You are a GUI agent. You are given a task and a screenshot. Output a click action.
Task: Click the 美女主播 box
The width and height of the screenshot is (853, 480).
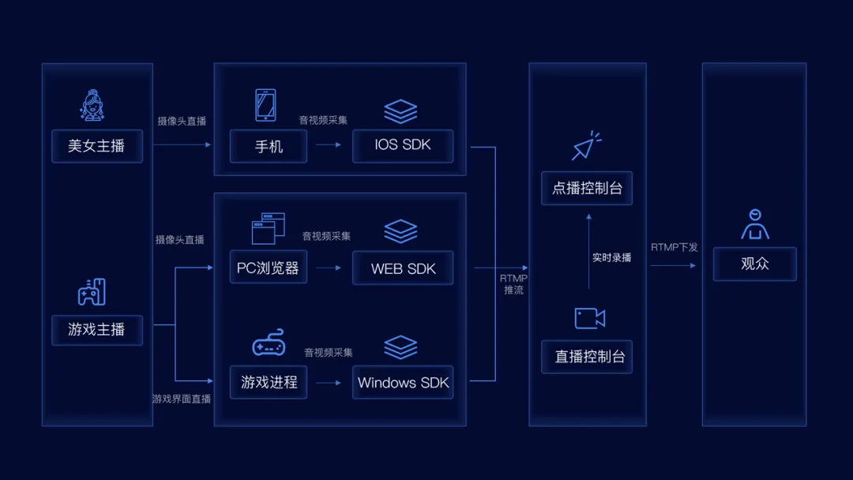tap(96, 146)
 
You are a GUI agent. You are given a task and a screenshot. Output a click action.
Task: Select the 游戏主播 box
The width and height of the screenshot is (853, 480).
tap(96, 329)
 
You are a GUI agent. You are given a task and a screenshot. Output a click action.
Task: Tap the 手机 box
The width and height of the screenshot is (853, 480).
tap(269, 146)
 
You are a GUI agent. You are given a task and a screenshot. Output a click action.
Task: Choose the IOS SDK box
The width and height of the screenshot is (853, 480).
tap(403, 146)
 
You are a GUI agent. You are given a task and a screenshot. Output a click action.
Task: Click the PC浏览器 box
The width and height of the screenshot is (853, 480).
tap(269, 268)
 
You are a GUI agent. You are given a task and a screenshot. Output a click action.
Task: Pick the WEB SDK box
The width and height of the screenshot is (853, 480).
tap(403, 268)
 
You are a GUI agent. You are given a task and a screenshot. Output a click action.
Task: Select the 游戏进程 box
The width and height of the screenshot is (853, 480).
tap(269, 382)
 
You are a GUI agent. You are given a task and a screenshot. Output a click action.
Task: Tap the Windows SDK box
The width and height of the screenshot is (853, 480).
tap(403, 382)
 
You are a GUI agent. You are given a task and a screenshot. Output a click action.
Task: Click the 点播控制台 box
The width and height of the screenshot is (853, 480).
tap(587, 189)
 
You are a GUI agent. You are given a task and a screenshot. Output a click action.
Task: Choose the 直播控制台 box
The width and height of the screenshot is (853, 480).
tap(587, 356)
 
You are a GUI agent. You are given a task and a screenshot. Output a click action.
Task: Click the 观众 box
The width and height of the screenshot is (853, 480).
tap(754, 264)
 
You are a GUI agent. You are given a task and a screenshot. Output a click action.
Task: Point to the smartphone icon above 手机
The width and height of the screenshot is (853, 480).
tap(265, 105)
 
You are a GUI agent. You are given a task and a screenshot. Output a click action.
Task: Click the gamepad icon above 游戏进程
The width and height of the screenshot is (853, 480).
tap(269, 343)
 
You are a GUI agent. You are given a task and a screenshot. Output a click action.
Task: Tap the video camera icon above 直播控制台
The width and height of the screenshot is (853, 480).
tap(589, 318)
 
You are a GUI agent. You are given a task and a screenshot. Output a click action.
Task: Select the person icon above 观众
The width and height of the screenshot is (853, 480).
tap(755, 224)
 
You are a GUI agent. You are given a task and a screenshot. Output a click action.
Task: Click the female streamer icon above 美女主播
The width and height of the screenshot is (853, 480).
tap(93, 106)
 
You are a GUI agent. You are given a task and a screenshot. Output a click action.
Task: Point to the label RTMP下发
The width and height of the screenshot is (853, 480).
tap(675, 247)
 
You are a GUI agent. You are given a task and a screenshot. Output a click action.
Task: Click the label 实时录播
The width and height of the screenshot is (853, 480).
tap(611, 257)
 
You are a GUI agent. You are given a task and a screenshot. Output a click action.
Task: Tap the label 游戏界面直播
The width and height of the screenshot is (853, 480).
tap(182, 399)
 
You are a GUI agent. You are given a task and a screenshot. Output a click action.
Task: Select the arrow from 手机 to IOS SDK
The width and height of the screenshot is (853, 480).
tap(329, 144)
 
